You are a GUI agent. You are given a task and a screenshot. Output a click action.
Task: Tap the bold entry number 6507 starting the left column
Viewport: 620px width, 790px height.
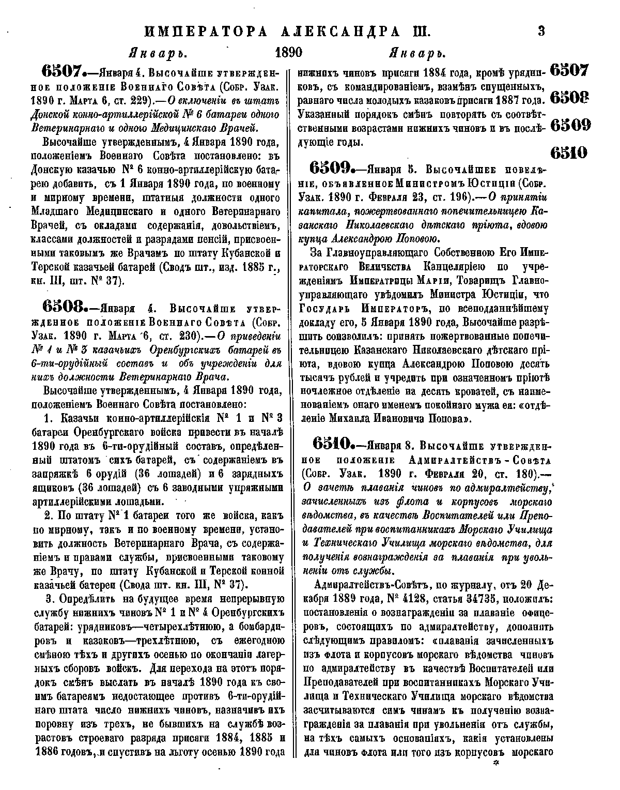point(64,71)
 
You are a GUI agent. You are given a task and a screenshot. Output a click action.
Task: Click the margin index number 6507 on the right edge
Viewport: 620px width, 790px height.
point(569,70)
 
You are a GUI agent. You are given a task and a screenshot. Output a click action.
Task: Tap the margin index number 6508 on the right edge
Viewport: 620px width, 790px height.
point(569,98)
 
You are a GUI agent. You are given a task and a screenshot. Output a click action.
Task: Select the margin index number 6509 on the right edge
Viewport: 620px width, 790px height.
point(569,125)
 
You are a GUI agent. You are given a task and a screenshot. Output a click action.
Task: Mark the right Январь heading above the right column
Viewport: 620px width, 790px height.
point(416,53)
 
